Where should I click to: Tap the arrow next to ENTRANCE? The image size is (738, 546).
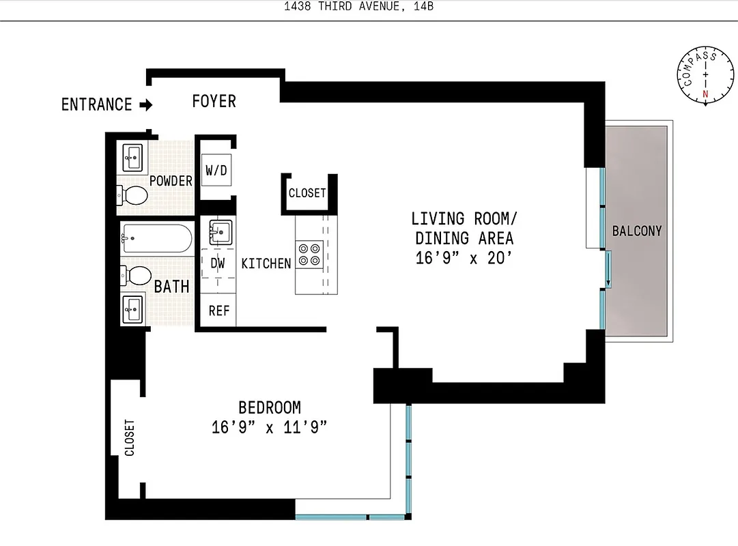click(x=145, y=104)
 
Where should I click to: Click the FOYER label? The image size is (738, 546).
click(x=214, y=102)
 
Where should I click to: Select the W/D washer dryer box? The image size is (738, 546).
click(x=216, y=170)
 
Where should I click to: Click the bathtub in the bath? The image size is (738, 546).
click(x=156, y=238)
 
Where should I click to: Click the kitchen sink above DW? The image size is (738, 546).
click(x=220, y=232)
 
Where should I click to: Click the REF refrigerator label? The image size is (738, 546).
click(x=218, y=311)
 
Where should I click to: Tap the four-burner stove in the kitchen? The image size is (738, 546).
click(x=308, y=254)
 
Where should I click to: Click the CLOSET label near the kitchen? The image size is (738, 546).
click(x=307, y=193)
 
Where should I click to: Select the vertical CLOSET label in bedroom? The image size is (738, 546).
click(x=130, y=437)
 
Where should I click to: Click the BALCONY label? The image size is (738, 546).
click(x=636, y=231)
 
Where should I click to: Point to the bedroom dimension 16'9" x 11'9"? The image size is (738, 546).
click(x=270, y=428)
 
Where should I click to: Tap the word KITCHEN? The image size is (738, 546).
click(x=266, y=263)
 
